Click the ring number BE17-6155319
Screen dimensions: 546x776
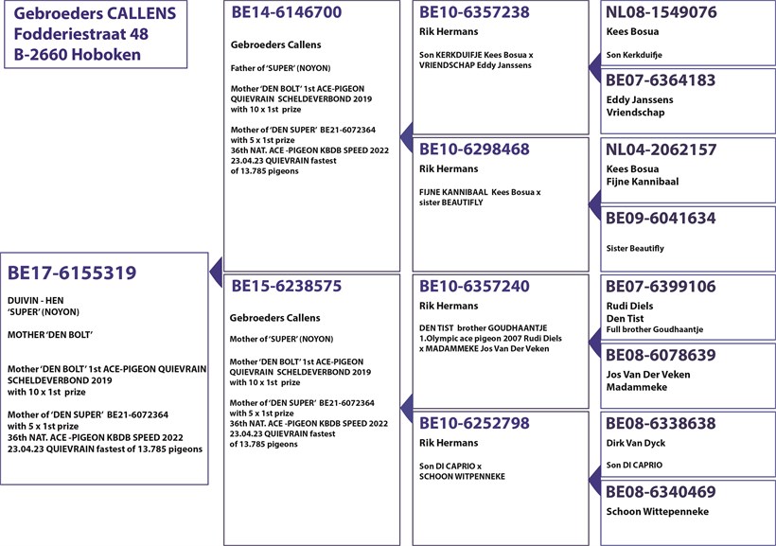(x=72, y=273)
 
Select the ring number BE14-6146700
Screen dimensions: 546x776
(x=286, y=13)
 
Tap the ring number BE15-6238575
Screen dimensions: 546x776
(x=286, y=286)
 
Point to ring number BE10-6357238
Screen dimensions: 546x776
(x=474, y=13)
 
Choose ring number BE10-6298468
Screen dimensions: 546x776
(x=474, y=150)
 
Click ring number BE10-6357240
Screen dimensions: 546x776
(x=474, y=287)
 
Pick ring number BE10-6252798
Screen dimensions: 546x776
(x=474, y=423)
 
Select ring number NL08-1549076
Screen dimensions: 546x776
(x=661, y=13)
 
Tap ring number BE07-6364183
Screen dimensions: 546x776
(x=661, y=81)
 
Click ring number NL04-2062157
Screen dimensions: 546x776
(x=661, y=150)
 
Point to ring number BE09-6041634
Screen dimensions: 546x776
(x=661, y=219)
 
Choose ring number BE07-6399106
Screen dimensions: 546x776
(x=661, y=287)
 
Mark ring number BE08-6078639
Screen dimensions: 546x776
(x=661, y=355)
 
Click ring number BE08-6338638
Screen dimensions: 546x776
(x=661, y=423)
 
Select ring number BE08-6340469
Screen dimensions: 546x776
(x=661, y=492)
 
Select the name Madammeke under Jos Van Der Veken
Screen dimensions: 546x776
(x=638, y=387)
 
